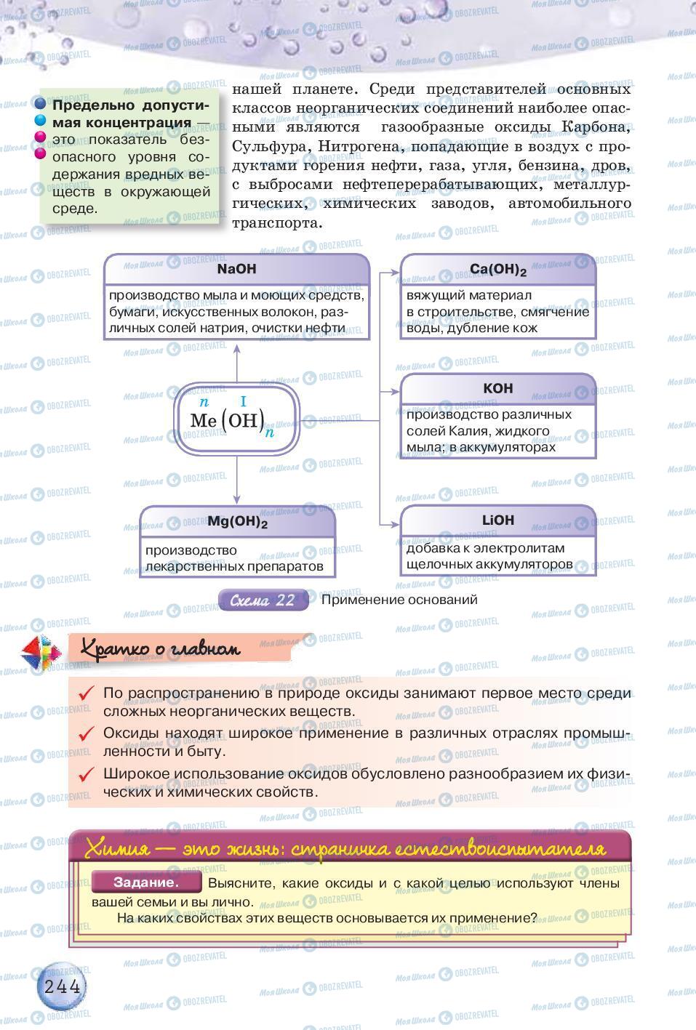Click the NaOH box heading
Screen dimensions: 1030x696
pos(236,269)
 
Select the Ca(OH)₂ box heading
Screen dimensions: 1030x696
pos(497,270)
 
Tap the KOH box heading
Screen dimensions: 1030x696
pos(497,388)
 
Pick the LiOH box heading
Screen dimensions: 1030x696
pos(497,520)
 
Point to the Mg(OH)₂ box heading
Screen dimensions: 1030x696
pos(237,521)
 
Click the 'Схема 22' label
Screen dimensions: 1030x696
pos(263,600)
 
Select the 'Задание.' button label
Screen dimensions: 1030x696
pos(146,882)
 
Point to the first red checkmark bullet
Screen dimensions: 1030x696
pos(87,693)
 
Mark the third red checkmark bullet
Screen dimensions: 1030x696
pos(87,774)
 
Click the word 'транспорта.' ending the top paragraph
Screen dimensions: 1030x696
pos(276,223)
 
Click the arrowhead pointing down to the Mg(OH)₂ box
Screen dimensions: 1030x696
pos(236,500)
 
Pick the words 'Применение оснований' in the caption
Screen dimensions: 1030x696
pos(399,600)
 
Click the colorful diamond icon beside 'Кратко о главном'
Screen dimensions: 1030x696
pos(41,649)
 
